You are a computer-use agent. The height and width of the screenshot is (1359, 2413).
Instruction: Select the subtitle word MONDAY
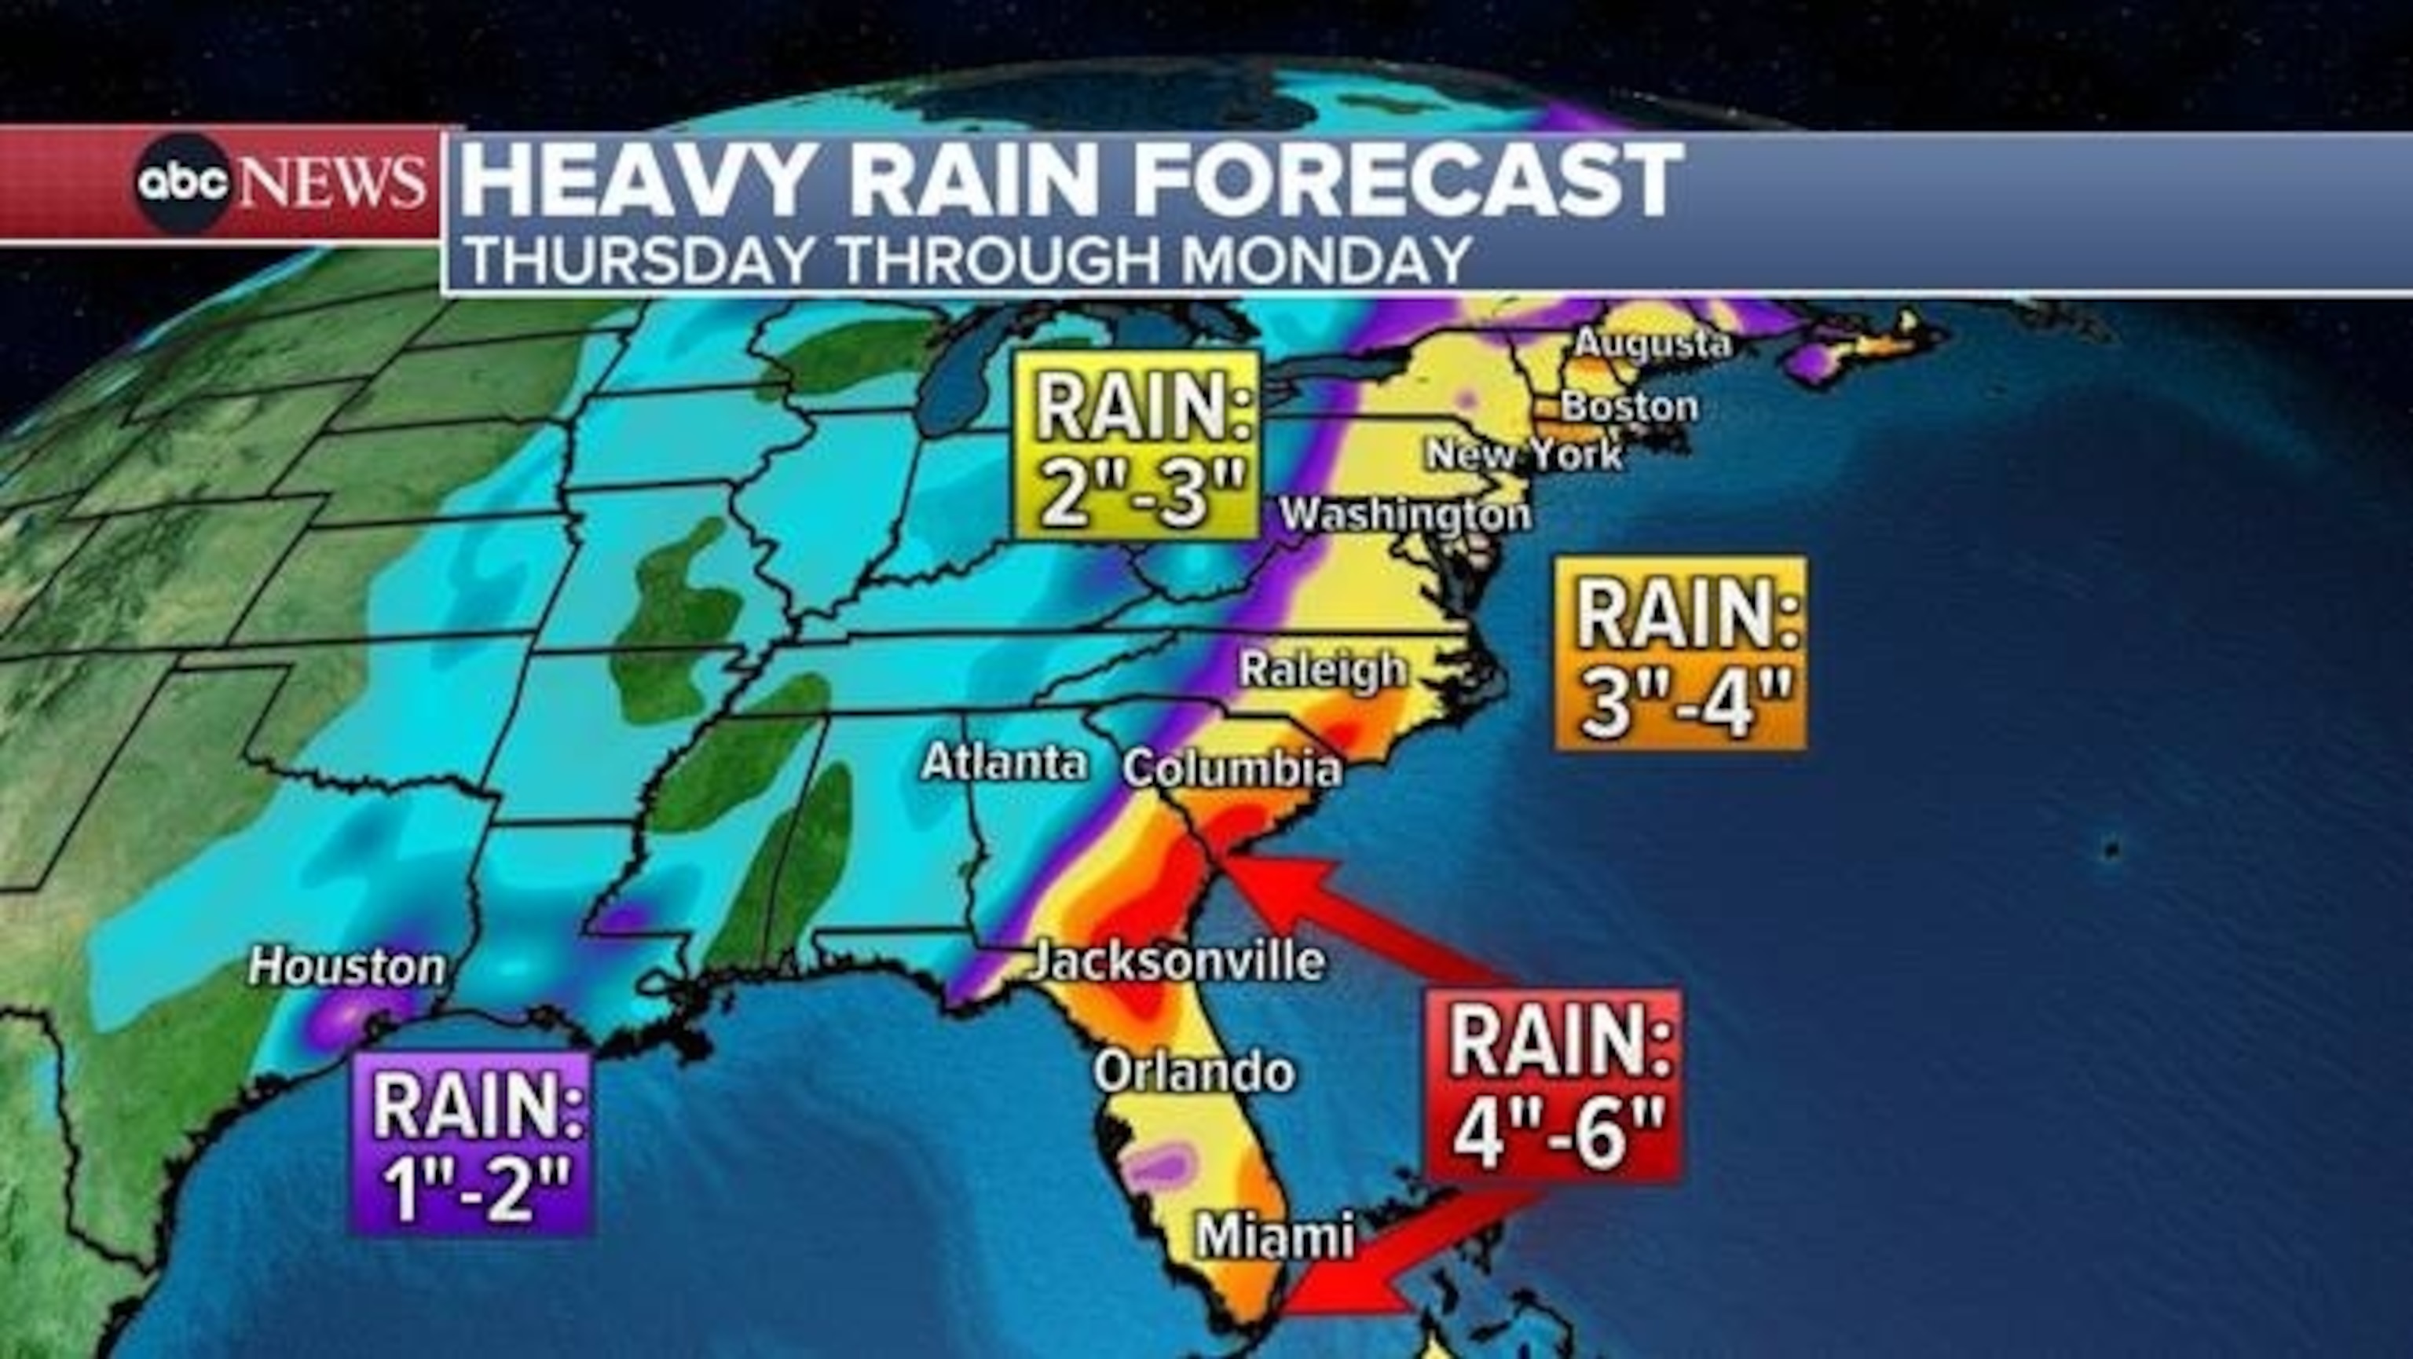click(1324, 259)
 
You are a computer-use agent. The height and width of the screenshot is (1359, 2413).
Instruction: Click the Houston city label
click(346, 968)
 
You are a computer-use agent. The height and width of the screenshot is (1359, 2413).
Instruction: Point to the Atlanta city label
click(1003, 763)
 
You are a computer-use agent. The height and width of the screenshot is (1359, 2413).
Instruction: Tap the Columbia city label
click(1232, 769)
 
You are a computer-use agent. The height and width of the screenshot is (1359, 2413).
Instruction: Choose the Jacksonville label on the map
click(1178, 961)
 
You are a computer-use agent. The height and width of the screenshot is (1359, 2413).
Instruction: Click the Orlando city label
click(1194, 1071)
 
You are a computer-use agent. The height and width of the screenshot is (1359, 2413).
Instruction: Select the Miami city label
click(1275, 1236)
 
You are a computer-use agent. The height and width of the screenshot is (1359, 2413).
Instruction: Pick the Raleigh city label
click(1322, 669)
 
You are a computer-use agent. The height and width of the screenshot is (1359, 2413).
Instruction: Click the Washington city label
click(1405, 515)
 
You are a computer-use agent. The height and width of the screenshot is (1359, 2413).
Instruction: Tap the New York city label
click(1523, 455)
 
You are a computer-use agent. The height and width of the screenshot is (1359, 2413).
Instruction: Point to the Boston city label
click(1629, 406)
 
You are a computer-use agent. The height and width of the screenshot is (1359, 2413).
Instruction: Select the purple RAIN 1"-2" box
click(472, 1143)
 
